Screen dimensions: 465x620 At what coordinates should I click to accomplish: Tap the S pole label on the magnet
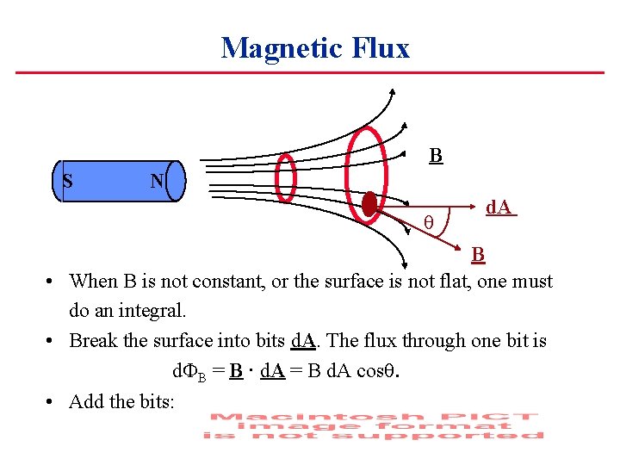[68, 181]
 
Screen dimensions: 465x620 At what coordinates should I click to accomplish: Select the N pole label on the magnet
[157, 181]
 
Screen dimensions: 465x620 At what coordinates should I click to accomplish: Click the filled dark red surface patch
[369, 205]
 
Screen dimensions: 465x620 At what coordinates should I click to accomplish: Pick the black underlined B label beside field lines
[436, 156]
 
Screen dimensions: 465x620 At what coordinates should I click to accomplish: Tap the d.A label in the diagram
[499, 208]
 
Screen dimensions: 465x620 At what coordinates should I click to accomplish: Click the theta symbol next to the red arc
[428, 225]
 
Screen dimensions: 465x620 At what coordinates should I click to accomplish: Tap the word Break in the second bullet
[92, 340]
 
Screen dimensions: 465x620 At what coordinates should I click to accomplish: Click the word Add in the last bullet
[84, 400]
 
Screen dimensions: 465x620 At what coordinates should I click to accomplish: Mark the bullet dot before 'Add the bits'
[52, 401]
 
